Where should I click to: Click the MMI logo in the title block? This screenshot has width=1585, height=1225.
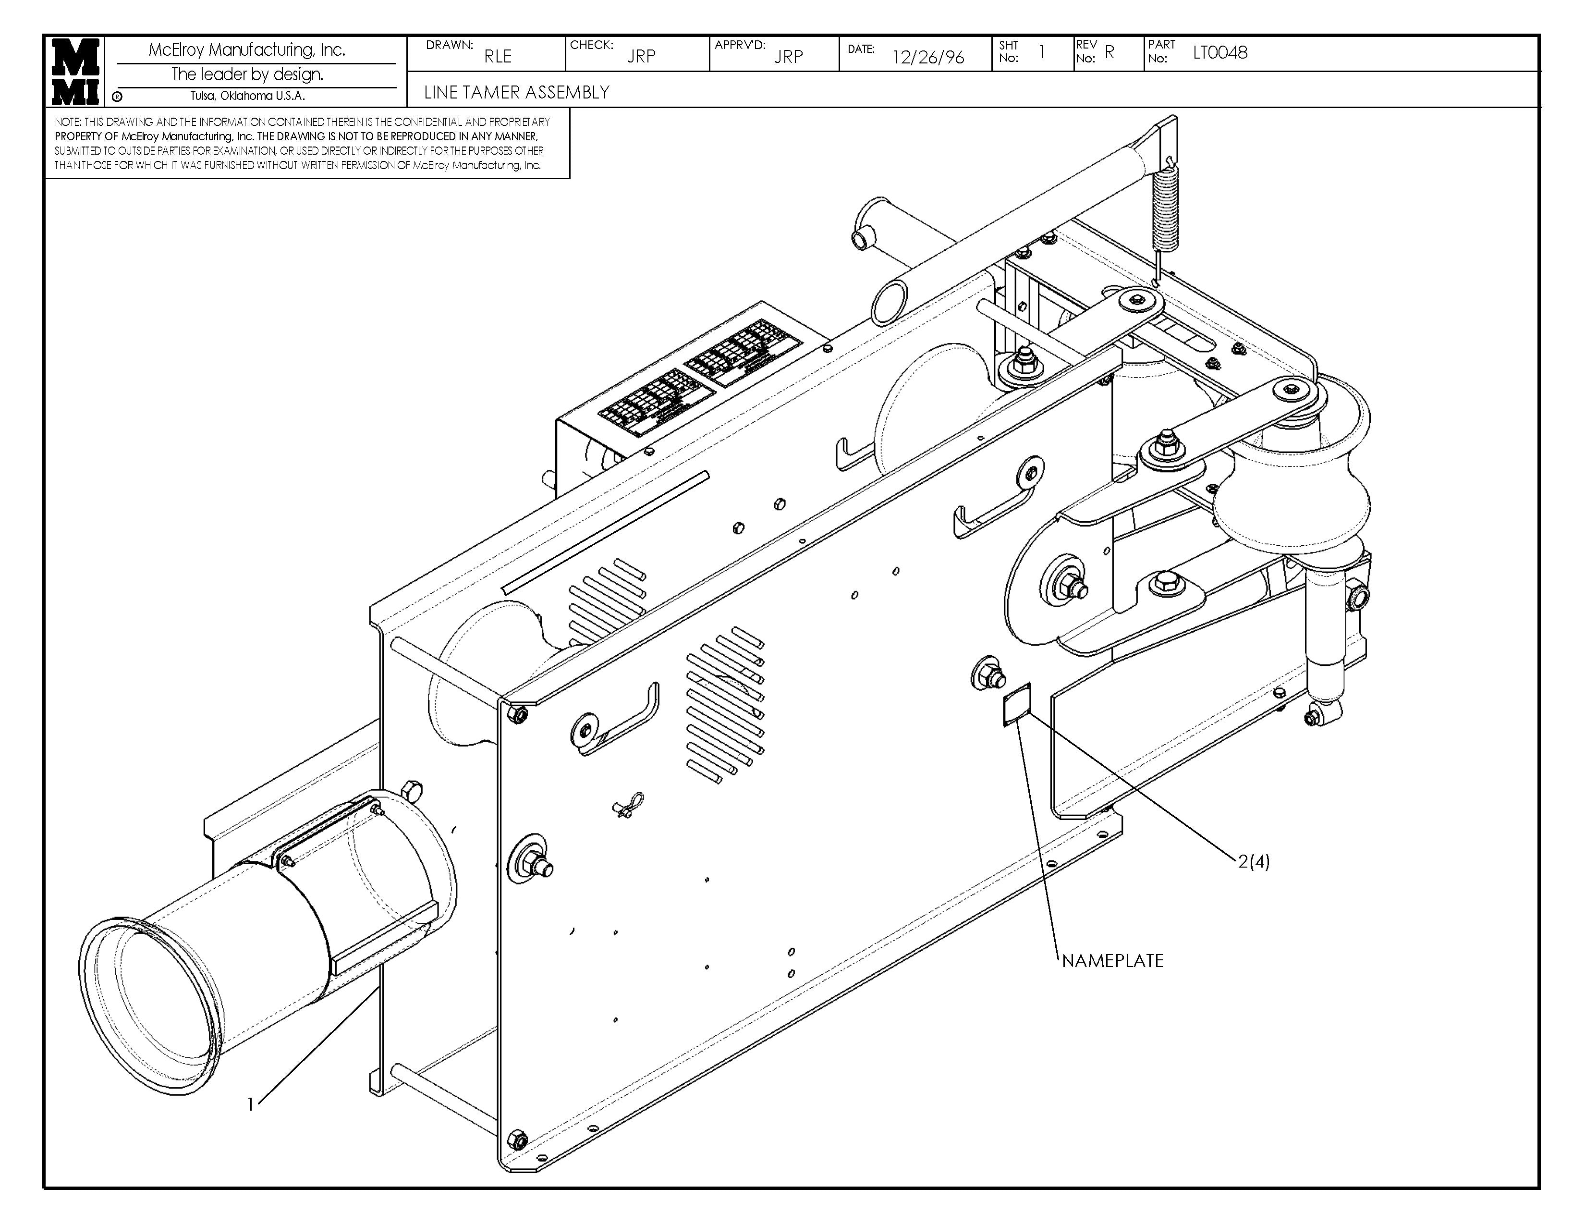pos(75,71)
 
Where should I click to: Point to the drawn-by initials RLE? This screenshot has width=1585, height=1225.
pos(498,56)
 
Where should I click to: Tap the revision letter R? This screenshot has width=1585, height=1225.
pos(1109,52)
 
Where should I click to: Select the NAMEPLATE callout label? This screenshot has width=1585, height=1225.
pos(1112,961)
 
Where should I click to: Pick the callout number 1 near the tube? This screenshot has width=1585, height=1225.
pos(250,1104)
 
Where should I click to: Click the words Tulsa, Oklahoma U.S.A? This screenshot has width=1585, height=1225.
pos(247,96)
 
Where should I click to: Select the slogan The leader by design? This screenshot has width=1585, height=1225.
pos(247,74)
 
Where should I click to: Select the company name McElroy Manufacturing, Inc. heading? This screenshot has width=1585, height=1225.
pos(247,49)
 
